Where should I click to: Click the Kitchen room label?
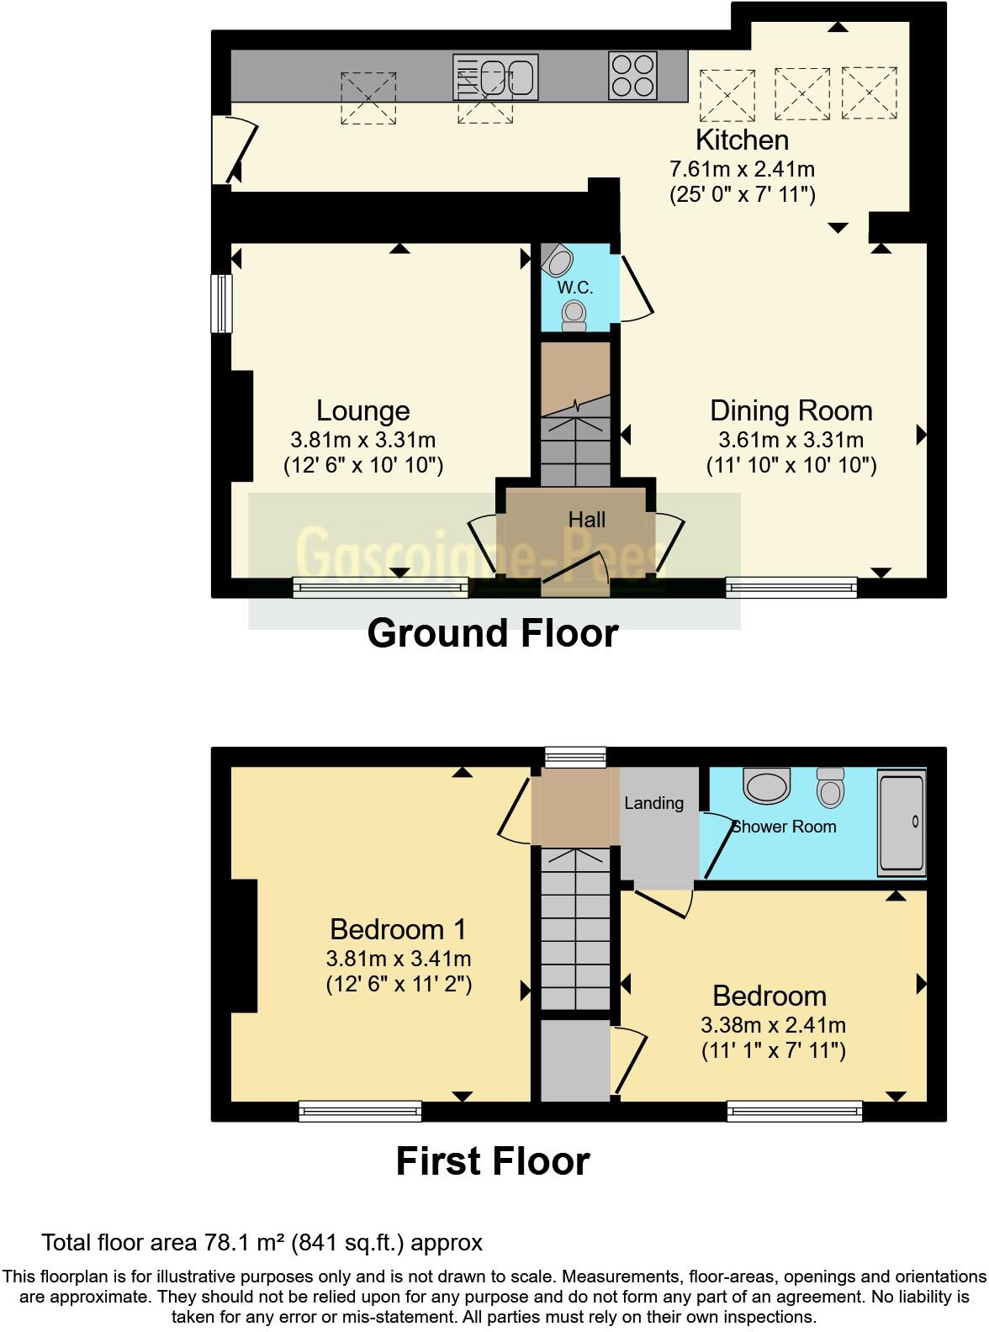(742, 140)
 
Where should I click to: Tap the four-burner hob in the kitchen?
(632, 76)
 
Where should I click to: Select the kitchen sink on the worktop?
(495, 77)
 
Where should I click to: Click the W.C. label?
(575, 288)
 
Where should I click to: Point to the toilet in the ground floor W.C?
(575, 314)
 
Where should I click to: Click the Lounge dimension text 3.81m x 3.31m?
(362, 439)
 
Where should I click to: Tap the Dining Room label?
(791, 410)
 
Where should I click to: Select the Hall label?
(586, 520)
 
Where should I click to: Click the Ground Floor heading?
(493, 633)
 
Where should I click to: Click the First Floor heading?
(493, 1161)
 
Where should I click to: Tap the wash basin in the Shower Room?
(766, 785)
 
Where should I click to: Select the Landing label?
(653, 803)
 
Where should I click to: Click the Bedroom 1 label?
(398, 929)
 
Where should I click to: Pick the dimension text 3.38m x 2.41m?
(773, 1025)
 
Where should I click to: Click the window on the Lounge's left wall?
(221, 303)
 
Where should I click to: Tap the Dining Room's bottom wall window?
(791, 587)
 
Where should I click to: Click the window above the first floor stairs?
(575, 756)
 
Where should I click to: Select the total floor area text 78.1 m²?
(262, 1242)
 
